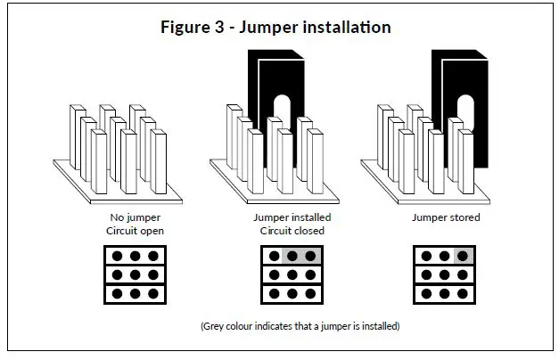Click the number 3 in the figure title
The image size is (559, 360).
pos(219,27)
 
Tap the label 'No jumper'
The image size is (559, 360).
pos(136,217)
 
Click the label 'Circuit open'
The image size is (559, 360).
pos(135,231)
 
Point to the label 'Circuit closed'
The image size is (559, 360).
pos(292,231)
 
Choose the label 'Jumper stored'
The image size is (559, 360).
pos(446,217)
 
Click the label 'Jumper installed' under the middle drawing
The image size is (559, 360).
pos(292,217)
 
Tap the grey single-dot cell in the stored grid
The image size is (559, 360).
pos(464,256)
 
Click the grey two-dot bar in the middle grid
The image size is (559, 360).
pos(301,256)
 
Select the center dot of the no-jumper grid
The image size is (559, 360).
pos(136,274)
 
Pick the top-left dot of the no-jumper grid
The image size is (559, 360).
pos(117,256)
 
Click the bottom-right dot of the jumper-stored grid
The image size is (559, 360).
pos(463,294)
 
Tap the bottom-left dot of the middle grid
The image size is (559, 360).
pos(275,294)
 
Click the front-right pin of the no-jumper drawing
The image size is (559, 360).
pos(159,161)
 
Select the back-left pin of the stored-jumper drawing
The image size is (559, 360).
pos(385,137)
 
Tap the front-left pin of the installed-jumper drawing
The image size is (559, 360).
pos(255,161)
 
